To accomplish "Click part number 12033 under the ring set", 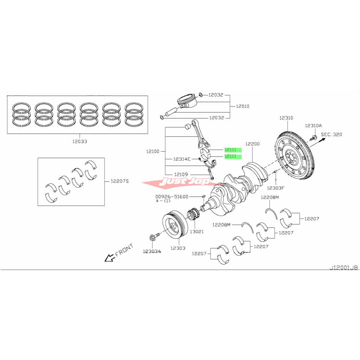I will coord(79,141).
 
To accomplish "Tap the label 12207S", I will coord(120,181).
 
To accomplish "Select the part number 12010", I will coord(242,106).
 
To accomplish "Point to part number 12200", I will coord(252,144).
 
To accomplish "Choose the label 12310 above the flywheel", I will coord(286,118).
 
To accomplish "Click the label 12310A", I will coord(313,126).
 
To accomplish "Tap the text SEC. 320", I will coord(331,134).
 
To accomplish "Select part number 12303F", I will coord(276,188).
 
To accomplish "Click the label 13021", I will coord(197,232).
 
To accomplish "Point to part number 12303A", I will coord(152,251).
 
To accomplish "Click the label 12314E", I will coord(182,159).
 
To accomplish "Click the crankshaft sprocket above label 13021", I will coord(194,215).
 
